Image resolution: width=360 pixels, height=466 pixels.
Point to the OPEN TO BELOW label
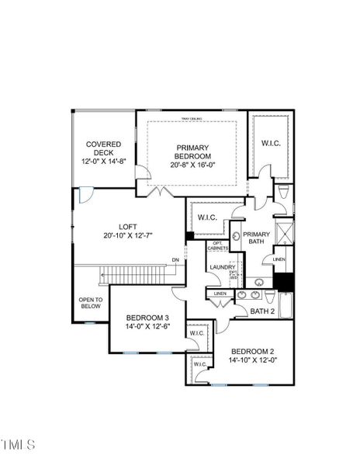pos(91,303)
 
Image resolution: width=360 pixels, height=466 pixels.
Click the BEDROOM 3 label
pos(147,318)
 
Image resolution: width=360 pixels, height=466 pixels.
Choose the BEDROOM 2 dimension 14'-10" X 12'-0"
pos(252,360)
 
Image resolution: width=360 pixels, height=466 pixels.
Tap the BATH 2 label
pos(262,311)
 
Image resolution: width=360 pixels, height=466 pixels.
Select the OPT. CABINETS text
pos(218,246)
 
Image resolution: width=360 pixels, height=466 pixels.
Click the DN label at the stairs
pos(175,259)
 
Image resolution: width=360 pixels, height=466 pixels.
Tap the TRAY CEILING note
pos(192,118)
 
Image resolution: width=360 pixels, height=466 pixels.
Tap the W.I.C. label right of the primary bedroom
pos(271,143)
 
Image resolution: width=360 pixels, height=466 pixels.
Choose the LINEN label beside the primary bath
pos(279,259)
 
